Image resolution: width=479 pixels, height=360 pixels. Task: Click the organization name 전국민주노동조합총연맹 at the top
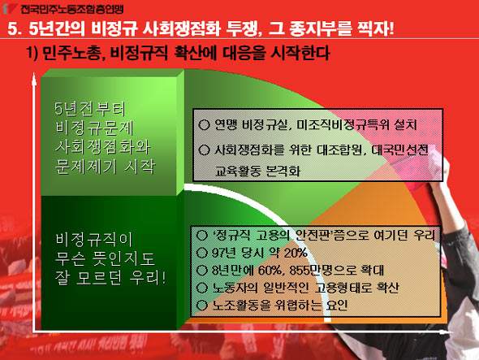pos(71,9)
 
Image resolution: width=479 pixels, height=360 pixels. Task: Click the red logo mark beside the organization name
pos(9,8)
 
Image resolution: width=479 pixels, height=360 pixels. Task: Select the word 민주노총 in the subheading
pos(72,53)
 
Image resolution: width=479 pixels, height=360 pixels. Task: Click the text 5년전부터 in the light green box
pos(90,109)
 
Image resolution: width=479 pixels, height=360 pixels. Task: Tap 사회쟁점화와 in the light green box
pos(103,147)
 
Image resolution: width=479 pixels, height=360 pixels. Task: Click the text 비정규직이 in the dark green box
pos(94,240)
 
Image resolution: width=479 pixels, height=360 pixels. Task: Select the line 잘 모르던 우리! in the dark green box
pos(110,278)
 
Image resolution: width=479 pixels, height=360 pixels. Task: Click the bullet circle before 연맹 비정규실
pos(204,125)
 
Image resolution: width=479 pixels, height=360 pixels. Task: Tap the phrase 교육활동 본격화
pos(257,171)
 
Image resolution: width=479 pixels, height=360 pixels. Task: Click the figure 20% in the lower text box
pos(296,253)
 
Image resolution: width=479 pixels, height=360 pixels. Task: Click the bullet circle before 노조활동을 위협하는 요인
pos(201,305)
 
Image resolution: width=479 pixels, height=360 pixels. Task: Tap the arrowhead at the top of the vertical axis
pos(34,79)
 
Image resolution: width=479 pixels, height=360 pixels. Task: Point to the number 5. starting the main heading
pos(15,29)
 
